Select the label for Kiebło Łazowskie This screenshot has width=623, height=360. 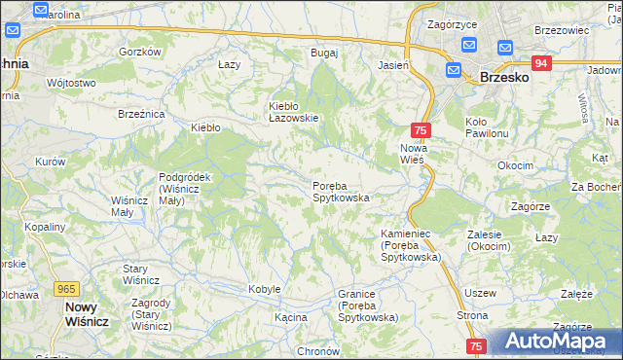click(294, 112)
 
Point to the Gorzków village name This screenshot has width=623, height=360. click(139, 52)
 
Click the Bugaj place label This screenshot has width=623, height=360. click(323, 53)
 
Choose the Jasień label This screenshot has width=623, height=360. click(392, 65)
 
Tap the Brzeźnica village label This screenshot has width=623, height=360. click(141, 114)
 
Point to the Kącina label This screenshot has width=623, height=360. click(290, 317)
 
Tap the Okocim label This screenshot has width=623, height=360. click(515, 165)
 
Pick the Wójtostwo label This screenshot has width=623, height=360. click(71, 83)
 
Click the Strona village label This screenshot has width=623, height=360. click(472, 316)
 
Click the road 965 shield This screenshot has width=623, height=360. click(67, 289)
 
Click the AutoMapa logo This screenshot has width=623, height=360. click(552, 342)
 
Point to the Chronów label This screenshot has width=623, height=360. click(317, 351)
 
